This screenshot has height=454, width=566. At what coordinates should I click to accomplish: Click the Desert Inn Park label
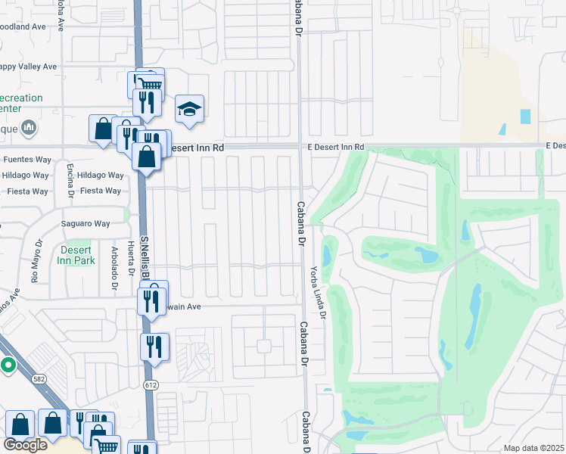[x=74, y=256]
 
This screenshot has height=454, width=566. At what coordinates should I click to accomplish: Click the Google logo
[x=25, y=445]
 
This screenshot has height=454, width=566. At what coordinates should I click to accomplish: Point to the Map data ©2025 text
[x=533, y=448]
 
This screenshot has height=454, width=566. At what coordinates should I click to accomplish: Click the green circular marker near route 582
[x=8, y=365]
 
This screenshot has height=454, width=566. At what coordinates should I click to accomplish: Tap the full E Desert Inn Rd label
[x=335, y=146]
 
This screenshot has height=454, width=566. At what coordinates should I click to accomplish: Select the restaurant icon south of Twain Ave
[x=154, y=346]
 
